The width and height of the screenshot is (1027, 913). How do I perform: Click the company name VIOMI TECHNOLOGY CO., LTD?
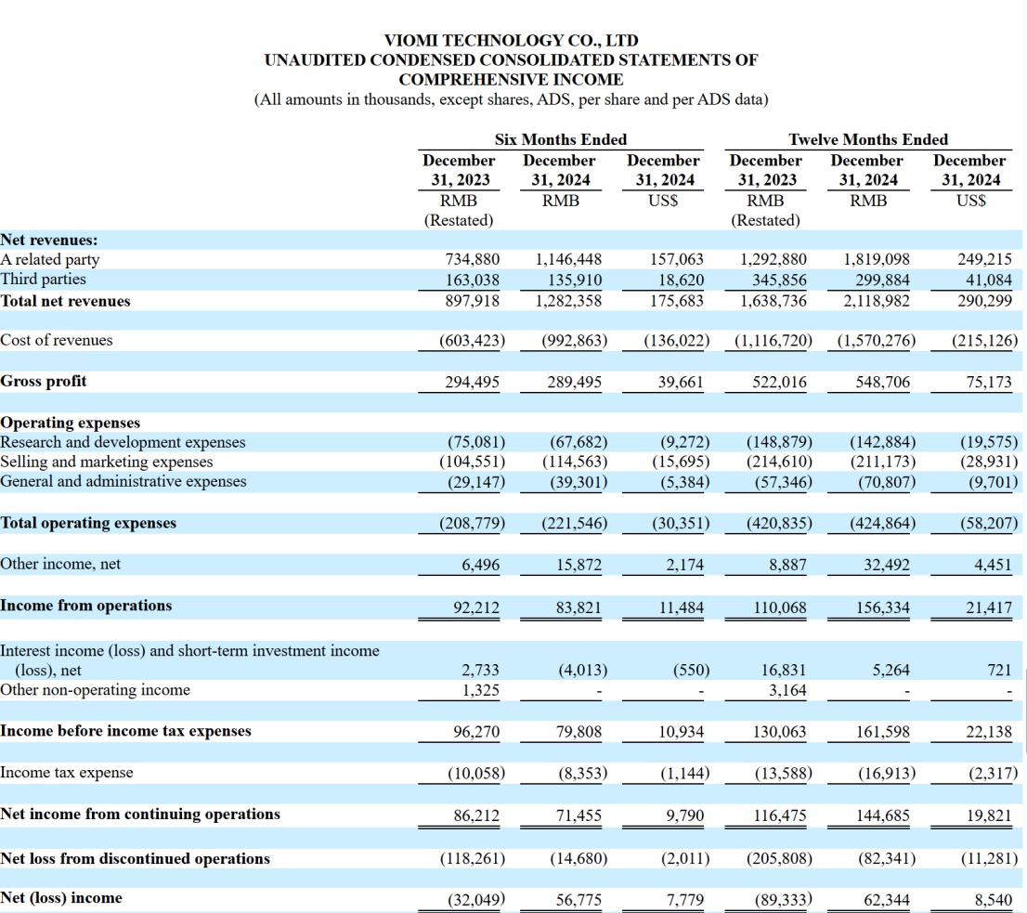(x=511, y=41)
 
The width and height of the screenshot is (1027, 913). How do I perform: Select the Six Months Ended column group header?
(x=560, y=139)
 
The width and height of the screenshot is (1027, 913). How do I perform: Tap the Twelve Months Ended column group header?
(x=868, y=139)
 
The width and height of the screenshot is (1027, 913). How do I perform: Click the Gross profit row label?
(x=44, y=381)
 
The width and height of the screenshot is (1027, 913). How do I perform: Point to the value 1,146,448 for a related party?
(x=569, y=259)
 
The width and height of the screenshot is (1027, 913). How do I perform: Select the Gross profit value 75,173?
(x=989, y=382)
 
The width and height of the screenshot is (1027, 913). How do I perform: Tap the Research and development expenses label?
(x=123, y=442)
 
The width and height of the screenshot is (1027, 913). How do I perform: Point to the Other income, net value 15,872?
(x=576, y=565)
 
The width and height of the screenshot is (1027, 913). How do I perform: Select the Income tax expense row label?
(x=67, y=773)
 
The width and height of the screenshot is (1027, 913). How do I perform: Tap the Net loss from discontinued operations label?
(x=136, y=858)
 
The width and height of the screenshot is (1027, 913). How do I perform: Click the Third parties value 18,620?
(x=682, y=280)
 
